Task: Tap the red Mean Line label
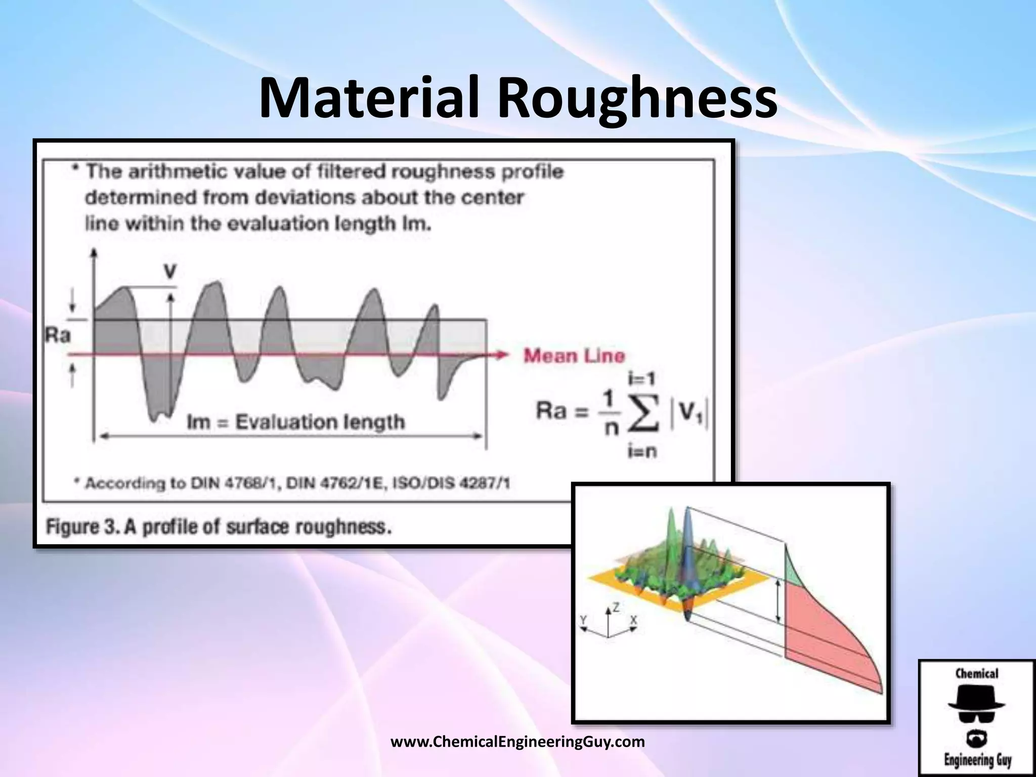(574, 356)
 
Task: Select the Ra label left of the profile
(58, 335)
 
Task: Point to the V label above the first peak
(170, 272)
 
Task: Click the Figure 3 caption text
(219, 527)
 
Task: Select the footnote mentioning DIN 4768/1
(292, 484)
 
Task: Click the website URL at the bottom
(518, 742)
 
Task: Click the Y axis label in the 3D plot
(583, 619)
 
